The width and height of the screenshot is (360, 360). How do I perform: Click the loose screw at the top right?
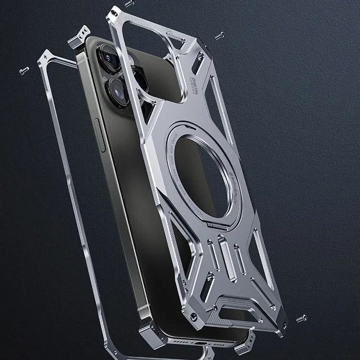click(x=220, y=35)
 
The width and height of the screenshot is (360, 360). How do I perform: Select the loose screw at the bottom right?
click(x=301, y=318)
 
